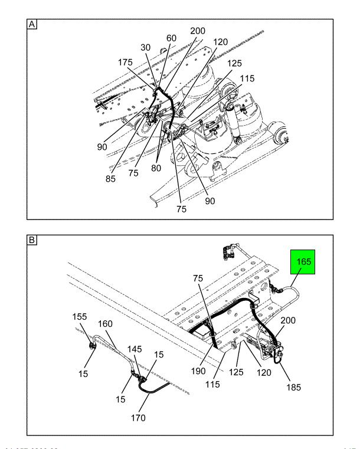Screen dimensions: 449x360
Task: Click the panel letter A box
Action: coord(32,25)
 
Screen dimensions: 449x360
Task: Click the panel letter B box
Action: coord(32,241)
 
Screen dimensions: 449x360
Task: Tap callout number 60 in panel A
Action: coord(171,38)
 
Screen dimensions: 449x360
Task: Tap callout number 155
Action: coord(80,316)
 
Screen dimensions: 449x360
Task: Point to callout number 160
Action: coord(104,324)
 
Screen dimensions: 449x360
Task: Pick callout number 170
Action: coord(139,419)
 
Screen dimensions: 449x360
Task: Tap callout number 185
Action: coord(293,388)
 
